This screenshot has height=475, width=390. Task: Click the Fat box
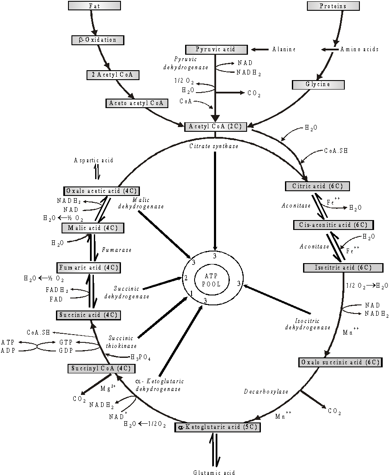pyautogui.click(x=94, y=6)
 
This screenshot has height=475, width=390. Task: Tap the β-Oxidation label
pyautogui.click(x=98, y=40)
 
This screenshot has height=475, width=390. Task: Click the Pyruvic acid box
pyautogui.click(x=216, y=50)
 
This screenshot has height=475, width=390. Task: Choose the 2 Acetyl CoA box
pyautogui.click(x=113, y=75)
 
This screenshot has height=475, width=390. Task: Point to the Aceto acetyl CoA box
pyautogui.click(x=137, y=103)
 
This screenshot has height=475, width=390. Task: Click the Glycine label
pyautogui.click(x=318, y=85)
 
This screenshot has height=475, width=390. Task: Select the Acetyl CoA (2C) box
pyautogui.click(x=216, y=127)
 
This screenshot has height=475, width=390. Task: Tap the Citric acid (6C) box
pyautogui.click(x=317, y=186)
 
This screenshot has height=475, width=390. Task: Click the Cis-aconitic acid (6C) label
pyautogui.click(x=333, y=225)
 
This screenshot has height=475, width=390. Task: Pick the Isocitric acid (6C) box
pyautogui.click(x=343, y=268)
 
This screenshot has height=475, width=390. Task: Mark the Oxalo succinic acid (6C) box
pyautogui.click(x=340, y=363)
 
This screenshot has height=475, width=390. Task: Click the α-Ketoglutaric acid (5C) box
pyautogui.click(x=218, y=427)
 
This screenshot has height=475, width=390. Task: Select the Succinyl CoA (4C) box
pyautogui.click(x=101, y=369)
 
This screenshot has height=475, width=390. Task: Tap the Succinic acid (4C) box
pyautogui.click(x=88, y=315)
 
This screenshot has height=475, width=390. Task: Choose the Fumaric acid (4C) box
pyautogui.click(x=89, y=268)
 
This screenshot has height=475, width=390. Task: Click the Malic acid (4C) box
pyautogui.click(x=93, y=228)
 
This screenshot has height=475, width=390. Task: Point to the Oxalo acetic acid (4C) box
pyautogui.click(x=102, y=191)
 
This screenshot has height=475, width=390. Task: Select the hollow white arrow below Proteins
pyautogui.click(x=331, y=50)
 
